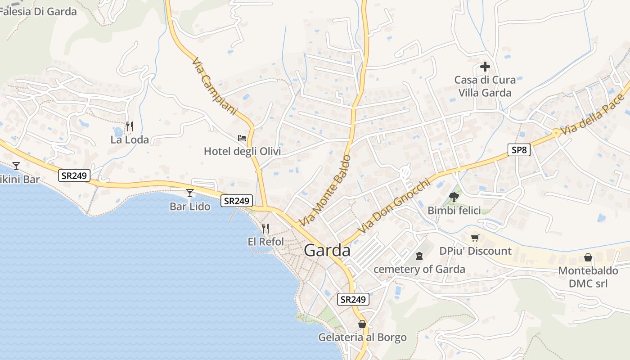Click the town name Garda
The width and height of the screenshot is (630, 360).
tap(327, 250)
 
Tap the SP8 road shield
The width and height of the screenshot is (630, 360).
tap(519, 150)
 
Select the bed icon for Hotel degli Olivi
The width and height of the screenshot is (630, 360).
tap(242, 138)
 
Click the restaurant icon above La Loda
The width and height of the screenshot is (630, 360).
tap(130, 126)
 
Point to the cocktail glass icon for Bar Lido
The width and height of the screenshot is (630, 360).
tap(190, 193)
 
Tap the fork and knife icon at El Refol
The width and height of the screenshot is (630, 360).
tap(265, 229)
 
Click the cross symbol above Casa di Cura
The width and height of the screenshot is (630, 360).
tap(485, 67)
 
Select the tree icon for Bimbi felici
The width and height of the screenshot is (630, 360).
tap(454, 197)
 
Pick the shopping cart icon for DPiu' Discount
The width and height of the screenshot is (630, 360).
tap(475, 238)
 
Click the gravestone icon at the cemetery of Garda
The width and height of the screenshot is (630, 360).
tap(419, 256)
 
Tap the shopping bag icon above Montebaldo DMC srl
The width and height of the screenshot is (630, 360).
tap(588, 257)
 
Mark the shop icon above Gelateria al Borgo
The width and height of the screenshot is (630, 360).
tap(362, 324)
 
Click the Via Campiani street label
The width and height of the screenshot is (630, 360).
tap(214, 85)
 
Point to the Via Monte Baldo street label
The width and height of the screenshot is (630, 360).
tap(325, 191)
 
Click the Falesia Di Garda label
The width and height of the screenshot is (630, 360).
tap(38, 12)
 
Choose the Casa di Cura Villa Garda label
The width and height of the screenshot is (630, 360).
tap(485, 86)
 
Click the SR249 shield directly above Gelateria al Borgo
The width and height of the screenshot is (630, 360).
tap(353, 299)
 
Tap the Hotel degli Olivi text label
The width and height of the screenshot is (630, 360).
tap(242, 151)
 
